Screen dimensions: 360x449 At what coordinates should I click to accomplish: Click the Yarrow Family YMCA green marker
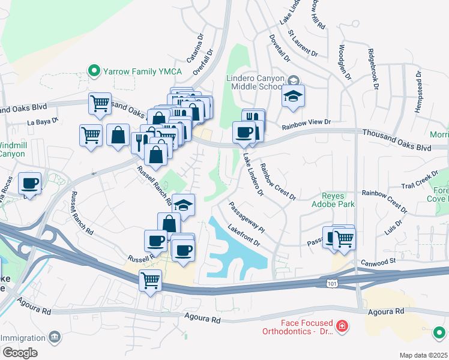[94, 71]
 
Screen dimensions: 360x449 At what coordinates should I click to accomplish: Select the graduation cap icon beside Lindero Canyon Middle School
[293, 95]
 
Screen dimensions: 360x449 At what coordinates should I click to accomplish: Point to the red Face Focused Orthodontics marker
[342, 326]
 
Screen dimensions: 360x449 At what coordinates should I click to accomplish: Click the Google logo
[20, 352]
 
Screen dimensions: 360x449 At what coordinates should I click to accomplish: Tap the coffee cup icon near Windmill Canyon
[29, 184]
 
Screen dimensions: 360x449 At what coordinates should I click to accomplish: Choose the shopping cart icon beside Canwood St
[344, 238]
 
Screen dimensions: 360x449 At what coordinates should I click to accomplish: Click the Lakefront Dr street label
[243, 235]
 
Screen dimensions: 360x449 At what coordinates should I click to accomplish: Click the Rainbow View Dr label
[306, 122]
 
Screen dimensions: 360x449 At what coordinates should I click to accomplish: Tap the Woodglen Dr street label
[345, 61]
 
